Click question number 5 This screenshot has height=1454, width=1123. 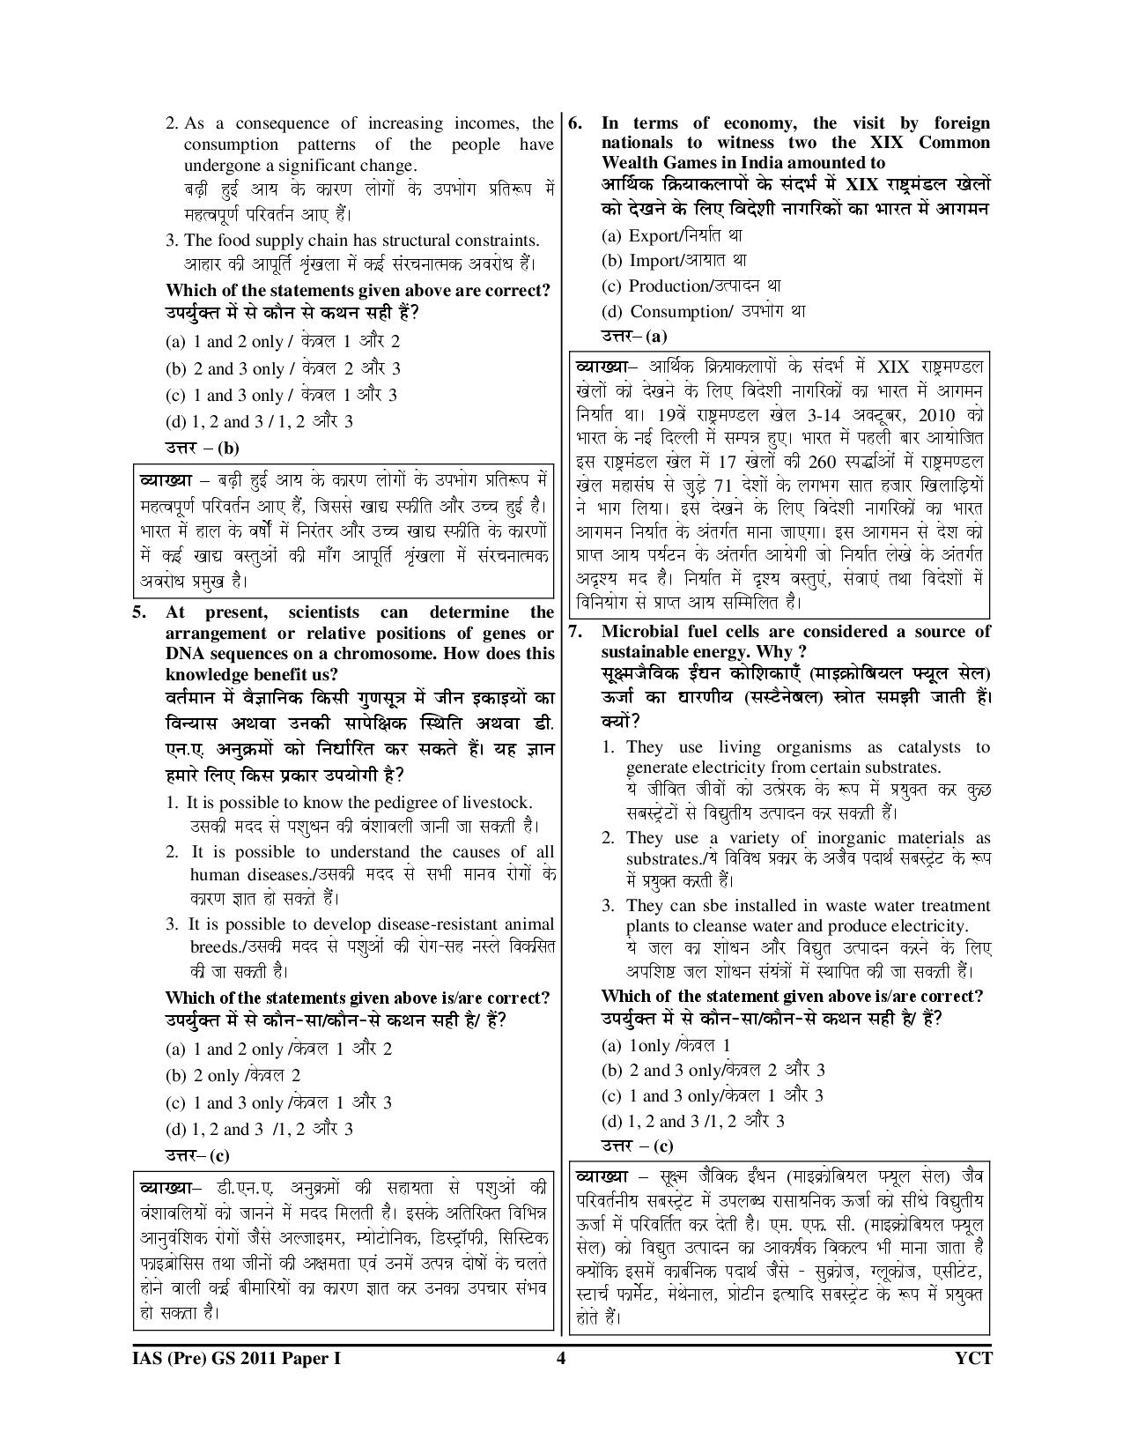click(139, 612)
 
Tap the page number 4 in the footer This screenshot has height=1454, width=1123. click(560, 1358)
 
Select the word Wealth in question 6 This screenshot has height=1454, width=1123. click(634, 163)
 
